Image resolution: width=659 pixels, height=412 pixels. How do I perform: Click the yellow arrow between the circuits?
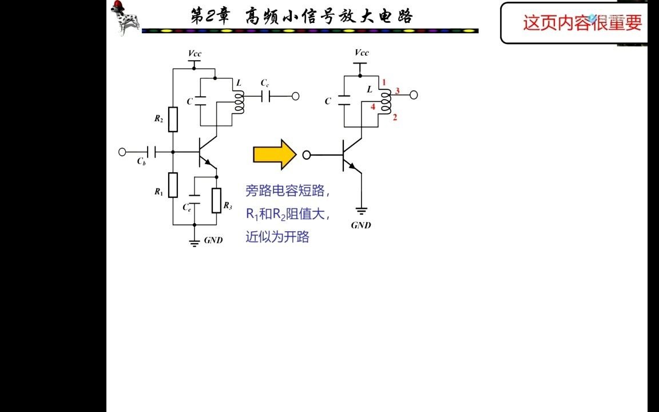point(275,154)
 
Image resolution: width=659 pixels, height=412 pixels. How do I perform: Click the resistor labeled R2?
point(173,120)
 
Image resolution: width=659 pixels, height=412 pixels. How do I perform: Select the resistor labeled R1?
point(173,185)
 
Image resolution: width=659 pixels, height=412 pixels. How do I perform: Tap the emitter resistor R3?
point(216,200)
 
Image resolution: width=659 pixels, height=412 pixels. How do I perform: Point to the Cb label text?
point(141,161)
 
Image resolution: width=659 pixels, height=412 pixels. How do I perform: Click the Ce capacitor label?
point(187,207)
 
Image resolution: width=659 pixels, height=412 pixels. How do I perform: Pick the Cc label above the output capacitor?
point(265,83)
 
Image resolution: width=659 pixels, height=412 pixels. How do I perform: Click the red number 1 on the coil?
point(384,82)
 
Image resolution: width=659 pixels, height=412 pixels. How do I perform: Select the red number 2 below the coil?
point(395,117)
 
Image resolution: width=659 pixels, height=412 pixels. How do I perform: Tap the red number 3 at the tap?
point(397,91)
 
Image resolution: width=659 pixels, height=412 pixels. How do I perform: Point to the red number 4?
point(373,107)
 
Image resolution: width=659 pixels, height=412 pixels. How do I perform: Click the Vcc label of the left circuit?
point(194,53)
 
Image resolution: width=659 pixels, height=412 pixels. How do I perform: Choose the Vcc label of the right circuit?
point(362,53)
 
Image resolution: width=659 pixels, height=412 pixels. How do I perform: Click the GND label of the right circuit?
point(361,225)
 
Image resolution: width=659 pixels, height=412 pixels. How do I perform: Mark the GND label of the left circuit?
point(213,240)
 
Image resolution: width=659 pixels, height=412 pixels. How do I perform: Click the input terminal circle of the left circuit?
point(122,152)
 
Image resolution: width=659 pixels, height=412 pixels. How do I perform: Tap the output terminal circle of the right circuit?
point(414,95)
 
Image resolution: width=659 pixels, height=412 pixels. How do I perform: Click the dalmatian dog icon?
point(125,18)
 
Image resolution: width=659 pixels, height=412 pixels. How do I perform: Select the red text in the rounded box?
point(582,23)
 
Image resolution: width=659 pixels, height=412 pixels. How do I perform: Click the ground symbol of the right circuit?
point(362,211)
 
